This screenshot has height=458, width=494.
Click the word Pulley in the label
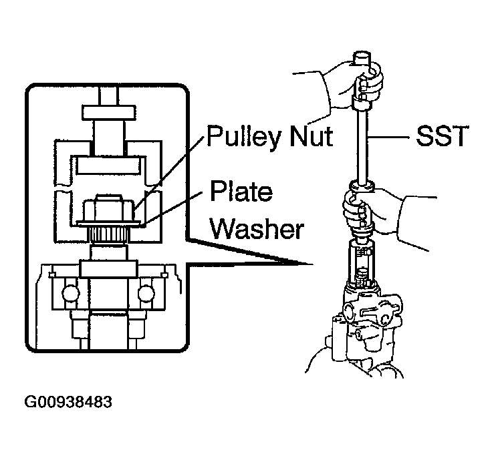[x=243, y=136]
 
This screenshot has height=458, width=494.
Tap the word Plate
[x=241, y=191]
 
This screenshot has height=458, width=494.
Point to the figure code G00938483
[x=68, y=402]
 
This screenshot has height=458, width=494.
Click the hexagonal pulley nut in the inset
[x=109, y=208]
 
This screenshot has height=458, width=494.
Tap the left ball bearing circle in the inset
[x=71, y=293]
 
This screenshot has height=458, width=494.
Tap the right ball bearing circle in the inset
[x=146, y=293]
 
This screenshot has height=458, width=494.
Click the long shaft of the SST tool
[x=362, y=146]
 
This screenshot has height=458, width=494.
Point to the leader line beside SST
[x=389, y=137]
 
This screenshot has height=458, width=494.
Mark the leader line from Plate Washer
[x=172, y=208]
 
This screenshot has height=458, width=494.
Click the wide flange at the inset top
[x=109, y=113]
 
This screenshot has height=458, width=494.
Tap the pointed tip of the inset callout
[x=313, y=264]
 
